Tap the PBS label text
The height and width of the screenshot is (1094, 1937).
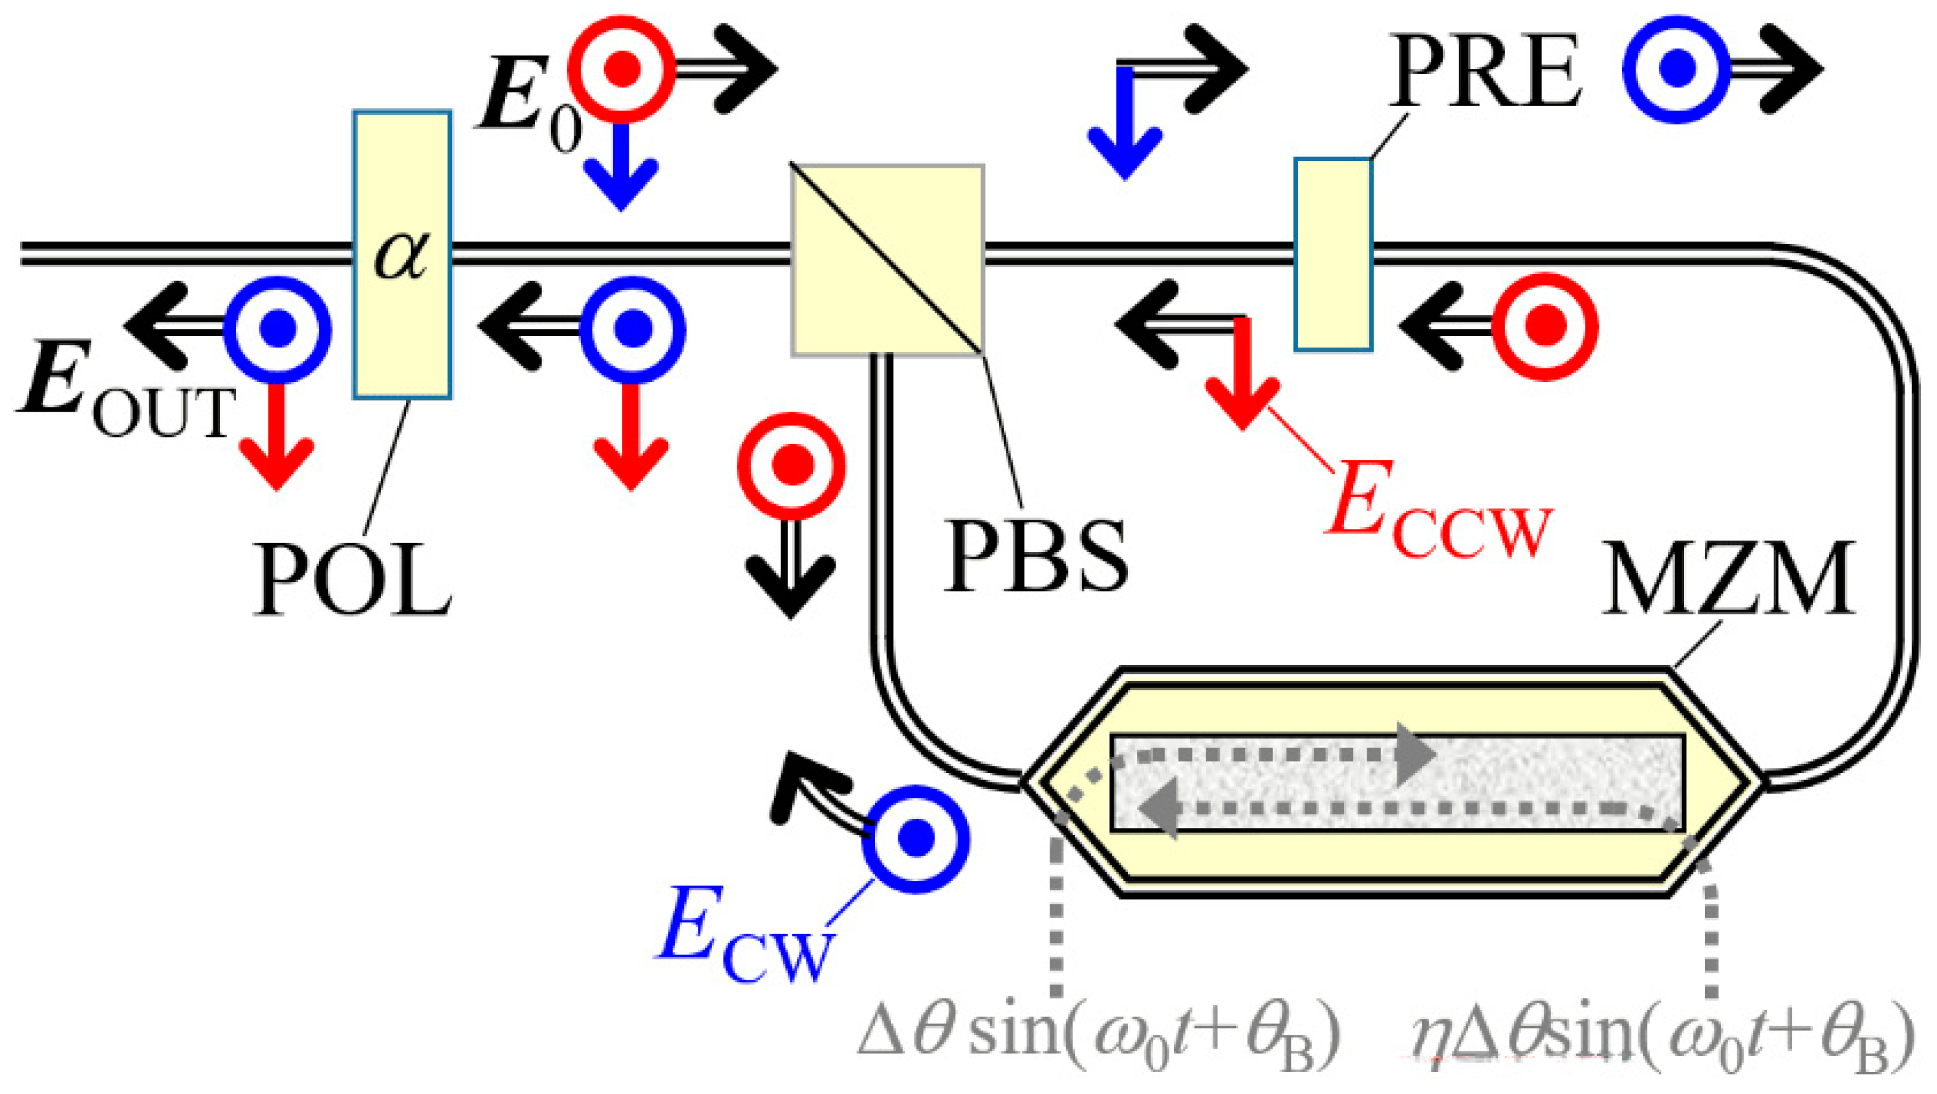tap(1036, 557)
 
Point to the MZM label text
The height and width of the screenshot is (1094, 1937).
tap(1728, 580)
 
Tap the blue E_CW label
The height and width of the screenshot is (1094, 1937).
tap(744, 937)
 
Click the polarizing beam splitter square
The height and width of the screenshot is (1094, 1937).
tap(887, 260)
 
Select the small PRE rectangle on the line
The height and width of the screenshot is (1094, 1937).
tap(1333, 254)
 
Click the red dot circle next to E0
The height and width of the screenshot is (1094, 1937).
tap(621, 69)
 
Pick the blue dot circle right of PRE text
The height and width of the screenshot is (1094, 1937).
tap(1676, 69)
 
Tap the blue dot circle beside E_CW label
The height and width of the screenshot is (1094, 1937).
tap(915, 839)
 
